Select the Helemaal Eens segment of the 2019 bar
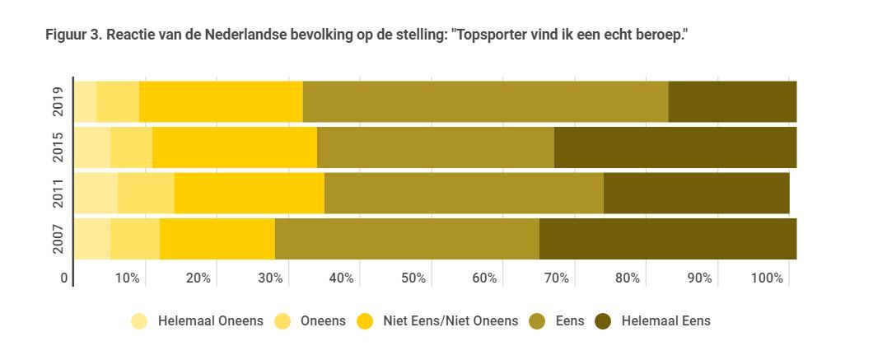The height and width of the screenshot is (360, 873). pos(732,101)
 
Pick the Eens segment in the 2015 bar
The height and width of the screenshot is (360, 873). pos(435,147)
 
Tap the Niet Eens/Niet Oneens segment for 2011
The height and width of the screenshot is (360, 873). pos(249,193)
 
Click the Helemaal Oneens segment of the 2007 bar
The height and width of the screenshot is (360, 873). pos(92,239)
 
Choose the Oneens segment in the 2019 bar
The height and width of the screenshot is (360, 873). pos(117,101)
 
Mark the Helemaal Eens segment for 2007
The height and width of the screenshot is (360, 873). pos(667,239)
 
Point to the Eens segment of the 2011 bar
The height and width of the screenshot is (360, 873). pos(464,193)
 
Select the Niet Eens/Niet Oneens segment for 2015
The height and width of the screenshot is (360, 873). pos(234,147)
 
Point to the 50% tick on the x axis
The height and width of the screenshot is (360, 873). pos(413,278)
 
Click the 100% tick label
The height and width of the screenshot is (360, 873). pos(767,278)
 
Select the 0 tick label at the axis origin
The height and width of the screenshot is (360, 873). pos(64,278)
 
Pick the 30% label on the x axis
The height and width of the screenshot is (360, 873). pos(269,278)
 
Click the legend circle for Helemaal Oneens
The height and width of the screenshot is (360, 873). pos(140,321)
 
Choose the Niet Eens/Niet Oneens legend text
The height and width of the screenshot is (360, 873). pos(451,321)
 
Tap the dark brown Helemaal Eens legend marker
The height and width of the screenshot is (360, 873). pos(603,321)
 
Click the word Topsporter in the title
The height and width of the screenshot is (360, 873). pos(489,35)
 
